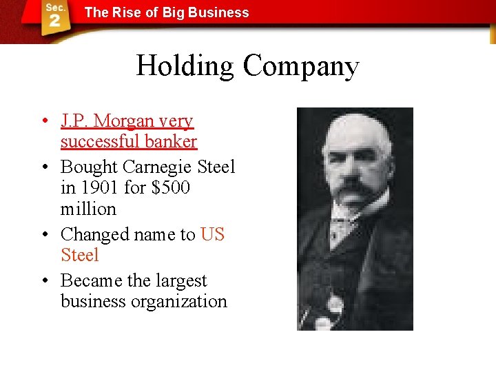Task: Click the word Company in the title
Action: coord(300,67)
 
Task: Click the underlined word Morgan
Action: coord(125,121)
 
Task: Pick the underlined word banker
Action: coord(174,142)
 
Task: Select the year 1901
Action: coord(99,188)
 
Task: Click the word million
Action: coord(88,209)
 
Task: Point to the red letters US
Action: coord(212,234)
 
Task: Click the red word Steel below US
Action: coord(80,255)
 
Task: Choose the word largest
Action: coord(180,281)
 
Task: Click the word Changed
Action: coord(93,235)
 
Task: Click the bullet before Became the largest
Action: coord(43,281)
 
